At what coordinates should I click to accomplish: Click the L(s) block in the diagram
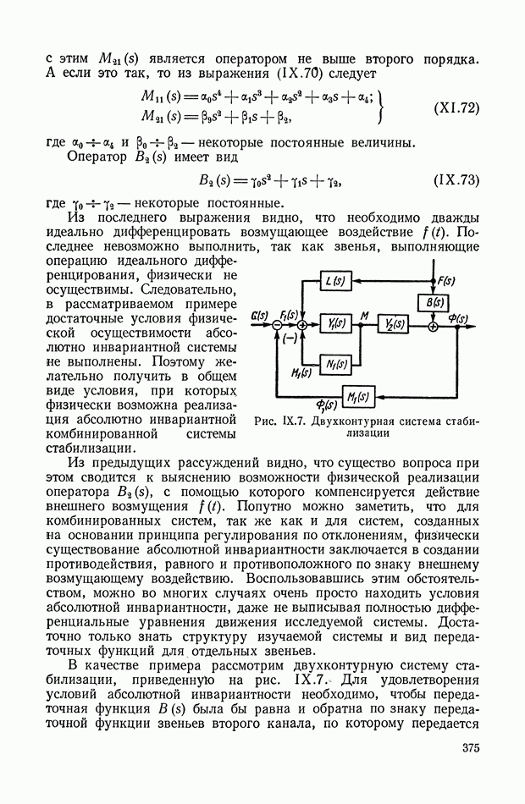(334, 282)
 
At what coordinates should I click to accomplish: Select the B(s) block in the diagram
(433, 301)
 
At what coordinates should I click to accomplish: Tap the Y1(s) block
(334, 323)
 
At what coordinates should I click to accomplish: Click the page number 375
(470, 746)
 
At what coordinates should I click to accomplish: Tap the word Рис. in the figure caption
(264, 421)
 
